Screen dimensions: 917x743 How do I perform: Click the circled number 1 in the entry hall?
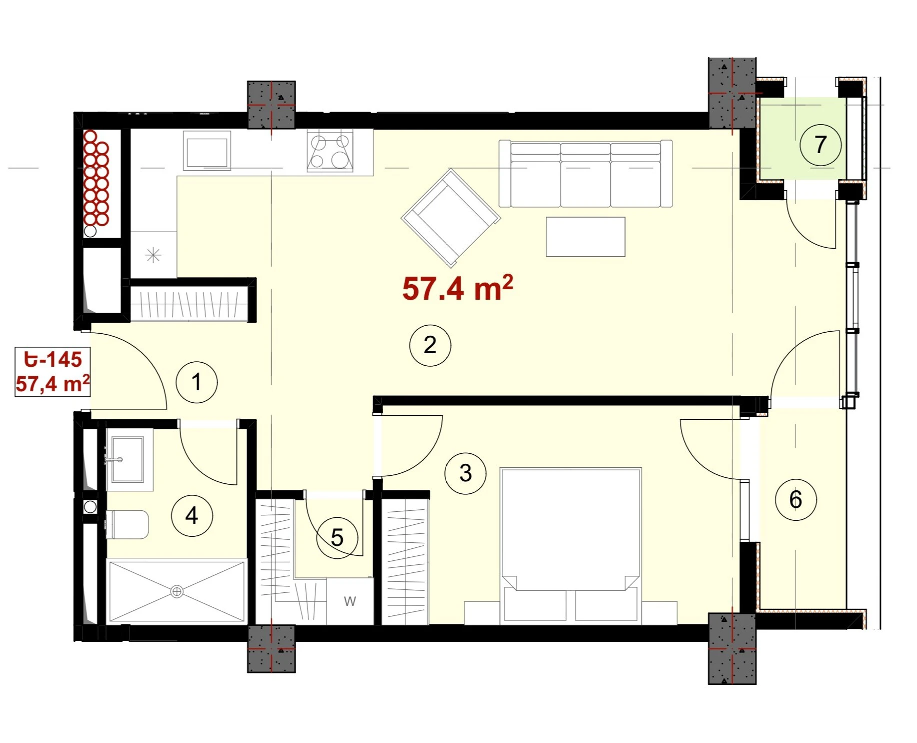197,382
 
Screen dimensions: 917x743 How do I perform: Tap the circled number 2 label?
430,345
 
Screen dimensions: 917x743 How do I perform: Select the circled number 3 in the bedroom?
466,473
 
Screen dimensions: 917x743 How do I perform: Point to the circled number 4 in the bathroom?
192,516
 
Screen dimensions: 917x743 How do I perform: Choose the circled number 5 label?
337,538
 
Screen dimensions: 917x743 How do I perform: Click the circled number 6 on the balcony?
796,499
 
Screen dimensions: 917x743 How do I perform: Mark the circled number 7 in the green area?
820,145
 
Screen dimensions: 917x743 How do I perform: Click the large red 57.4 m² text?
458,289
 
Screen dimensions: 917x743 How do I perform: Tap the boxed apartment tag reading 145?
53,372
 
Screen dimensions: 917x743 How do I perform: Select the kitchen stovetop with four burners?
330,151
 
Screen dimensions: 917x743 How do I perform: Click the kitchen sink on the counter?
207,150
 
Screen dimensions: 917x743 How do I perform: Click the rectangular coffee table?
586,237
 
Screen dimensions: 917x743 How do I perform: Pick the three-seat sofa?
586,174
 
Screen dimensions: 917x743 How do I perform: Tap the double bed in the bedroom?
571,546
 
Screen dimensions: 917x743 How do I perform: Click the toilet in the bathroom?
127,524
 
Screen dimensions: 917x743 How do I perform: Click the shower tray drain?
177,591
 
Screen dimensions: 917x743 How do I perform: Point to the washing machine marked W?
350,601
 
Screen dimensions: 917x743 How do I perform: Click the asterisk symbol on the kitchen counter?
153,255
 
